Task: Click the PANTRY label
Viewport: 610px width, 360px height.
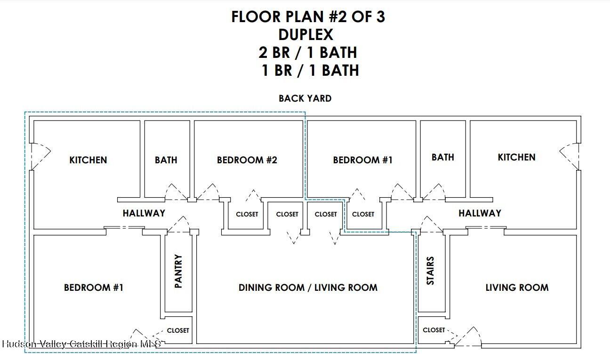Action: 178,271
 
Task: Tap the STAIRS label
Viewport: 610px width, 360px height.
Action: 430,271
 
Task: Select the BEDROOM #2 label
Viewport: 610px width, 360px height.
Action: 247,160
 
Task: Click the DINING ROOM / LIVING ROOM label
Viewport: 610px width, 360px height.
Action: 308,288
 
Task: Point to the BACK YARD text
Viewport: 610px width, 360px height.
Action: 305,98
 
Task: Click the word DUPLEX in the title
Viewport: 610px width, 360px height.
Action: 306,34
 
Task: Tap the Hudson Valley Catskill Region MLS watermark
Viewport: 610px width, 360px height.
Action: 81,344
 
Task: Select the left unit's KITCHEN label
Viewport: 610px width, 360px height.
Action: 88,160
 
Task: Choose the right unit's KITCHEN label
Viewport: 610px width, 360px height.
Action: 517,157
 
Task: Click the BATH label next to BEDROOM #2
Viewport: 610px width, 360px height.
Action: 166,160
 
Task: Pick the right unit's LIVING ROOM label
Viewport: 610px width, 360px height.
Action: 517,288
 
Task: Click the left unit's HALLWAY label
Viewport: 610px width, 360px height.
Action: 144,213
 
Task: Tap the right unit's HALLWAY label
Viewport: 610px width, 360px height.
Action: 480,213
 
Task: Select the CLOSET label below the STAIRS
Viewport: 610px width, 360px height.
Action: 434,330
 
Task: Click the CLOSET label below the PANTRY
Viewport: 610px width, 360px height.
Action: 178,330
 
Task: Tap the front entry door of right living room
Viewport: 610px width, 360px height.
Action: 468,337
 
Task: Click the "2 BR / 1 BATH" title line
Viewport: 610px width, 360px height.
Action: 308,52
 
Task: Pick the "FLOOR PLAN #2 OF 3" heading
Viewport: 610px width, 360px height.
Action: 308,16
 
